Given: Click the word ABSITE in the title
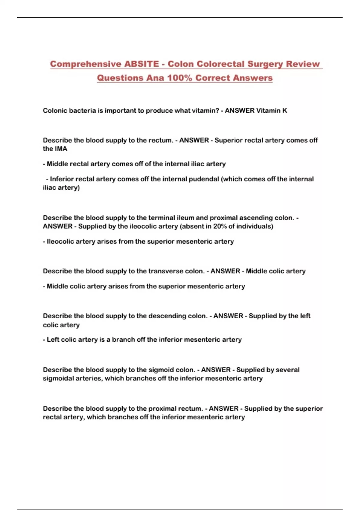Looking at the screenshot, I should (x=142, y=64).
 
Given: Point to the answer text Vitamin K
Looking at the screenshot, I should (x=271, y=110).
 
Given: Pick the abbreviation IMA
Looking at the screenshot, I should (x=61, y=149).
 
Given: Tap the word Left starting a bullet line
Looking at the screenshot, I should (x=53, y=340).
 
